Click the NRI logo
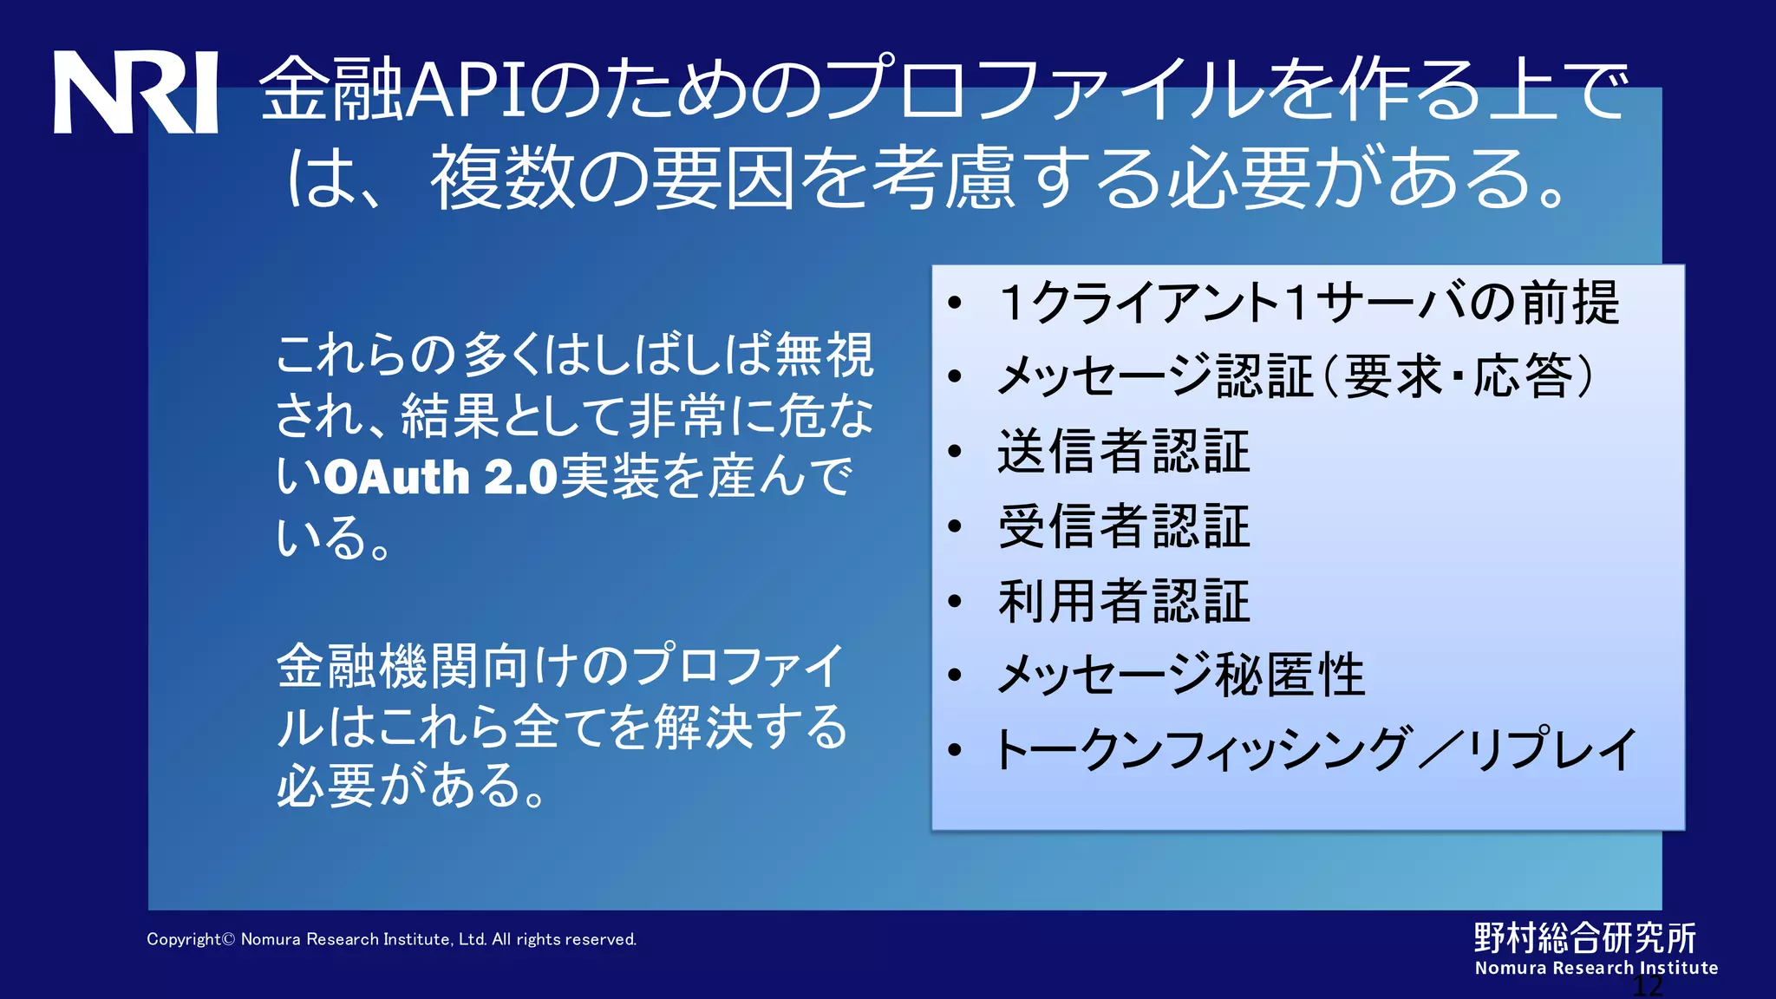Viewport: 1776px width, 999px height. [x=135, y=92]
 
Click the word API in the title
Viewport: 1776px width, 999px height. [x=467, y=90]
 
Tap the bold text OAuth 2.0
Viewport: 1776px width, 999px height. [x=441, y=477]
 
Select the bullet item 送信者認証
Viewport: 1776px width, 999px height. [x=1124, y=451]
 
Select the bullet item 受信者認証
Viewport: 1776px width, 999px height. [x=1124, y=526]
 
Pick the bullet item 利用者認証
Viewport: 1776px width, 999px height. [x=1124, y=601]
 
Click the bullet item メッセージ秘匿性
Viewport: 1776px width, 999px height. [x=1181, y=676]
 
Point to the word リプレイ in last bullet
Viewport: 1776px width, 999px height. [x=1552, y=750]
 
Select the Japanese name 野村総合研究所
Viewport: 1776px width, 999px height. [x=1585, y=937]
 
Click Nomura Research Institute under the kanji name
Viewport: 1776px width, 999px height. [x=1596, y=968]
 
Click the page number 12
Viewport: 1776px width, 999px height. [x=1648, y=986]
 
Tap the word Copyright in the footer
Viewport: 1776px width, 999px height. [x=184, y=939]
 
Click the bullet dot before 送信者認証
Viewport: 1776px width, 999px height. [x=956, y=451]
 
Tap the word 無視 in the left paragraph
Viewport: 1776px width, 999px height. [x=824, y=355]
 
